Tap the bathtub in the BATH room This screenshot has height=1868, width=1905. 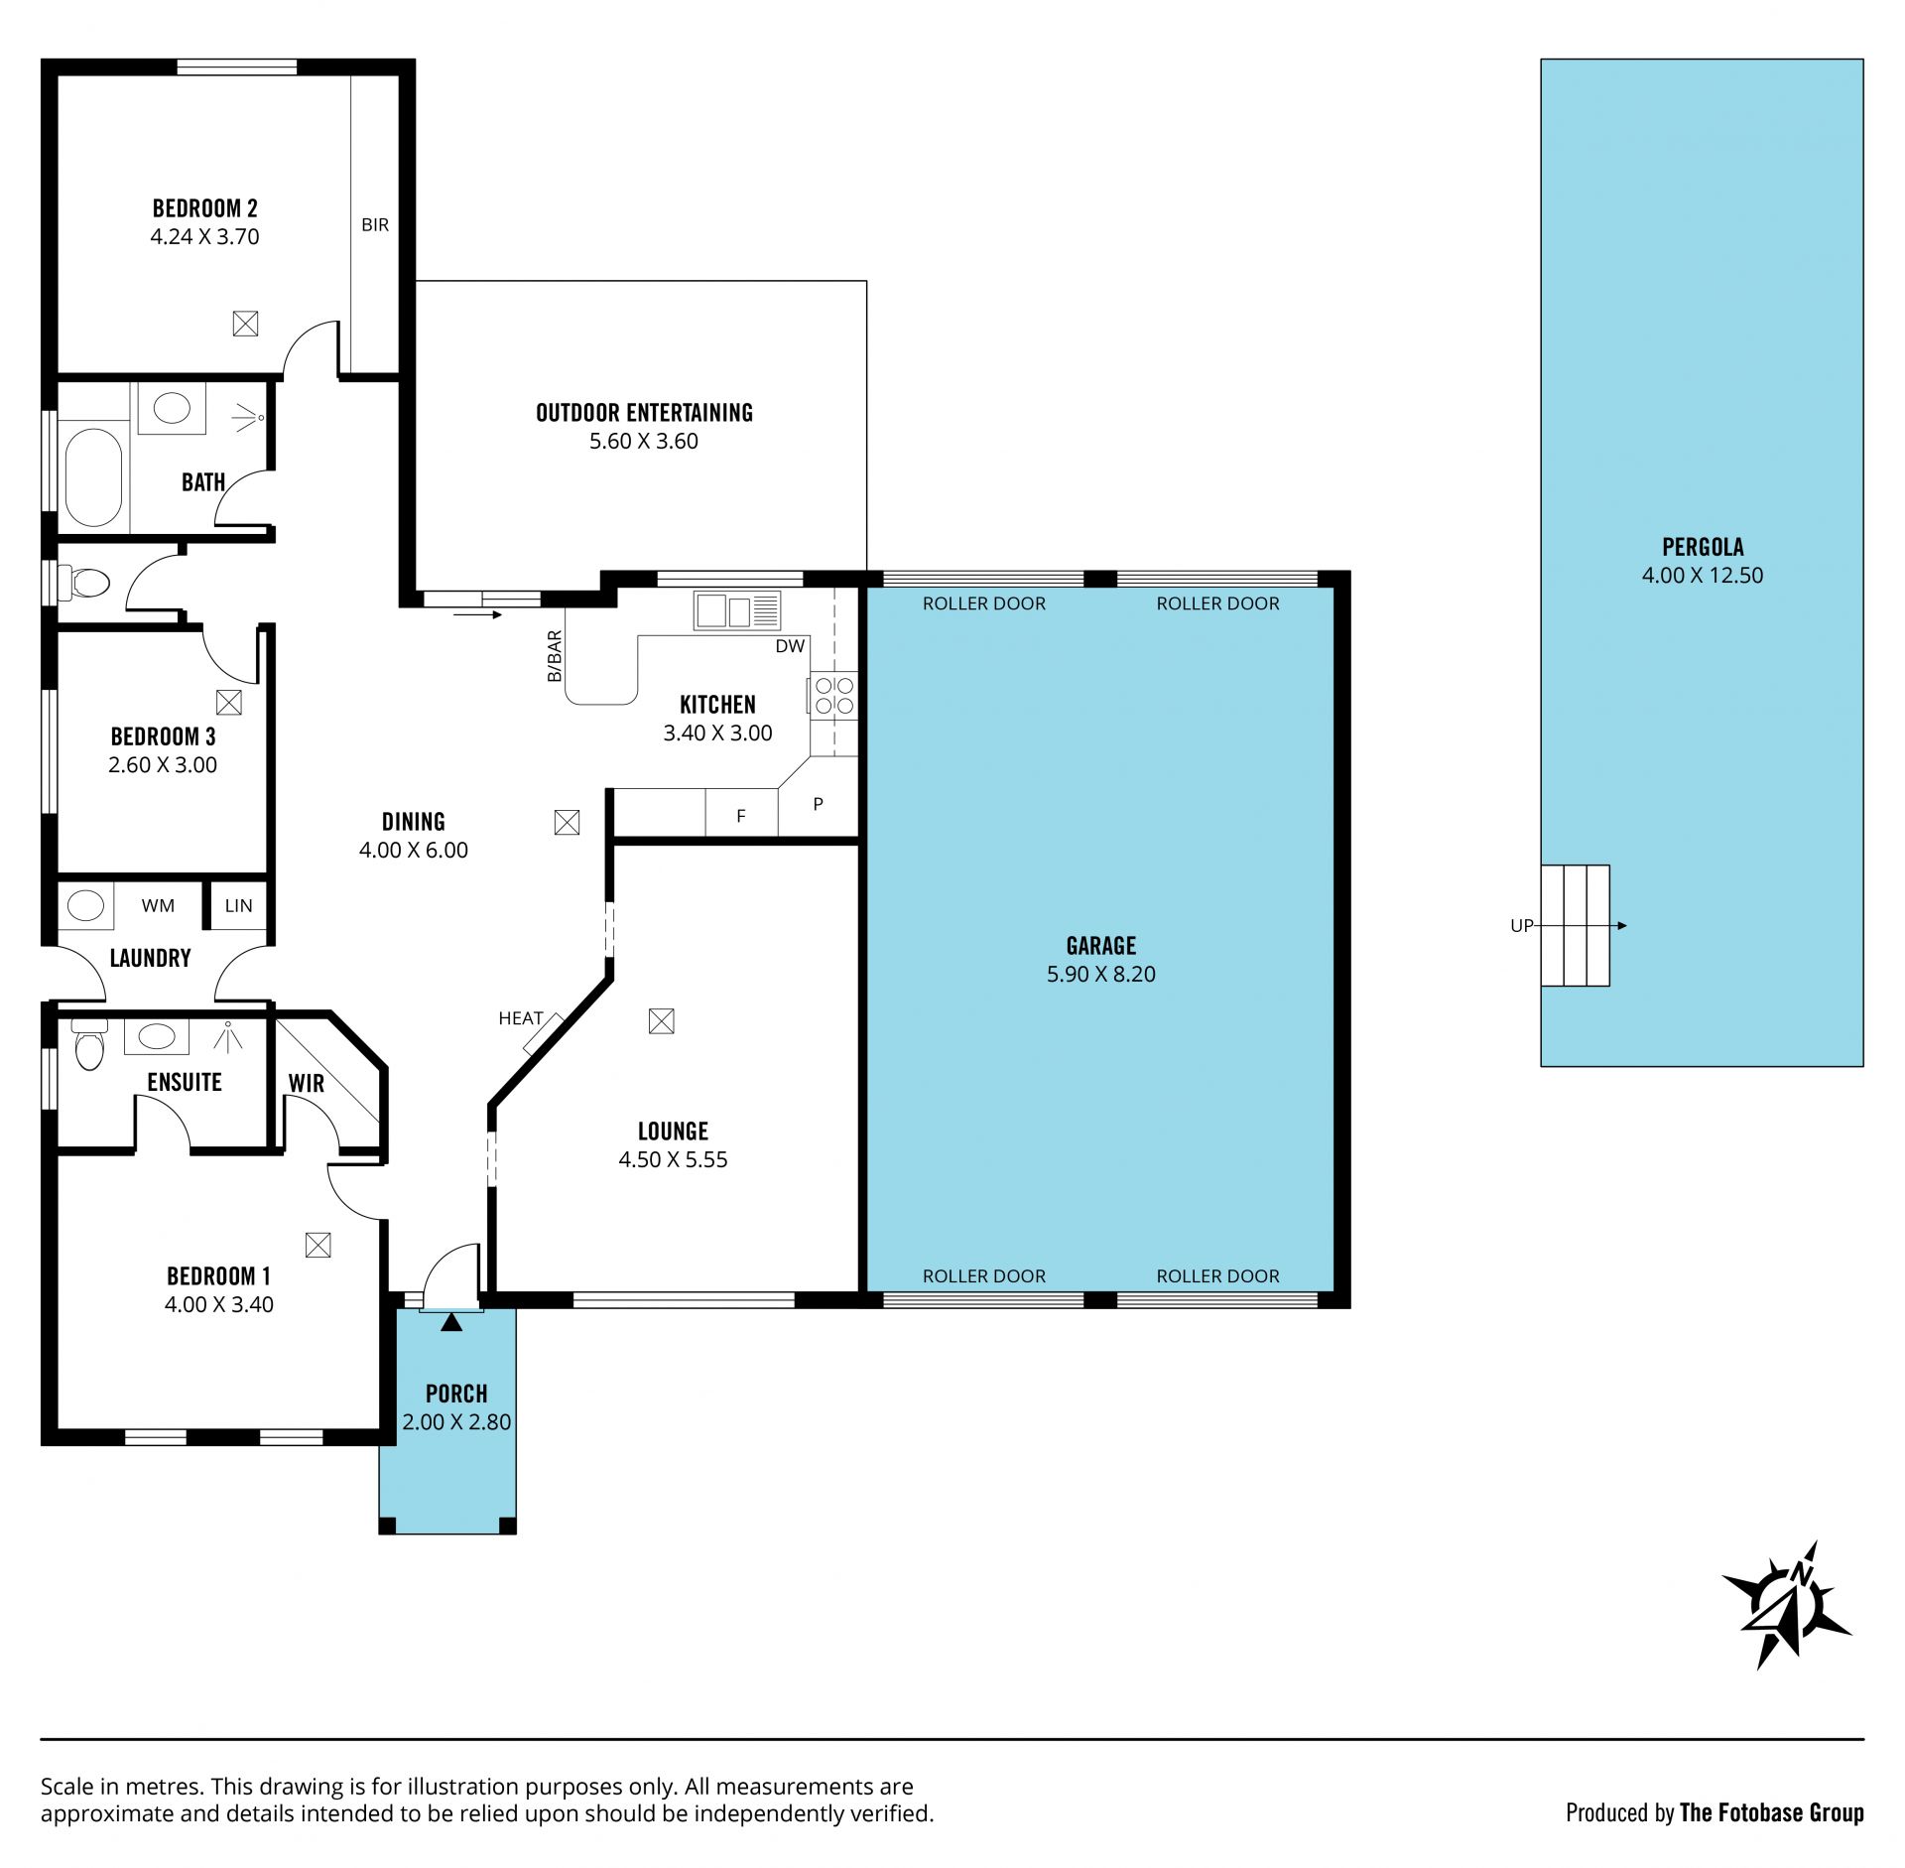pyautogui.click(x=94, y=477)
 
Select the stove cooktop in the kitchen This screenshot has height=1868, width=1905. pyautogui.click(x=833, y=695)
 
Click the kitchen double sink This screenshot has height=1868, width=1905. pyautogui.click(x=737, y=610)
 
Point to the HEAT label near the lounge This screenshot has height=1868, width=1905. pyautogui.click(x=520, y=1018)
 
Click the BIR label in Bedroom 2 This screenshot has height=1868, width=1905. pyautogui.click(x=375, y=225)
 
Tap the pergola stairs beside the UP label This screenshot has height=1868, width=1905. pyautogui.click(x=1575, y=925)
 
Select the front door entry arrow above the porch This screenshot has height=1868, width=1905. pyautogui.click(x=451, y=1322)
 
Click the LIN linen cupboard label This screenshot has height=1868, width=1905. pyautogui.click(x=238, y=905)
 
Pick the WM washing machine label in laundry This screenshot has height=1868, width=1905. pyautogui.click(x=158, y=905)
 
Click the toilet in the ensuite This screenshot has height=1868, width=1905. pyautogui.click(x=89, y=1043)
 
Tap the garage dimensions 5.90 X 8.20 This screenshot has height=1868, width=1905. pyautogui.click(x=1101, y=974)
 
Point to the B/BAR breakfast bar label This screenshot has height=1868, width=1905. pyautogui.click(x=555, y=656)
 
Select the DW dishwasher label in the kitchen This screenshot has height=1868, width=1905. pyautogui.click(x=790, y=646)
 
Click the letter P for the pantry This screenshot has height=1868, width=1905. pyautogui.click(x=818, y=804)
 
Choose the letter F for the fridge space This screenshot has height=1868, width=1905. pyautogui.click(x=741, y=816)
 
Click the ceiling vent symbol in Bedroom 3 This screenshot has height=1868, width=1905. pyautogui.click(x=229, y=703)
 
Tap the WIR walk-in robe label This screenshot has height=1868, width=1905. pyautogui.click(x=307, y=1084)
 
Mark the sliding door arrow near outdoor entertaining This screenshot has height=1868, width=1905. pyautogui.click(x=478, y=615)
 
